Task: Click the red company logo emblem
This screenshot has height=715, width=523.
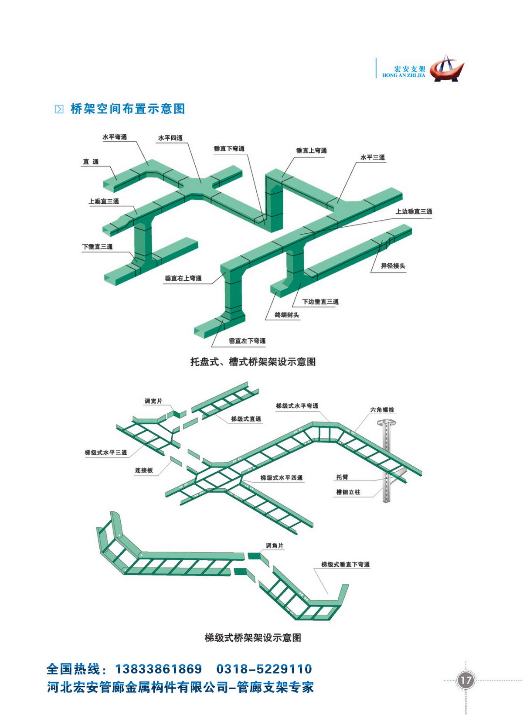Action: [x=446, y=68]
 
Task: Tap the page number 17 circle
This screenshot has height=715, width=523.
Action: [x=465, y=680]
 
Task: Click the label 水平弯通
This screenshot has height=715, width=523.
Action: [x=115, y=137]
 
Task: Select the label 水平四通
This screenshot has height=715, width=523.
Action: [x=170, y=138]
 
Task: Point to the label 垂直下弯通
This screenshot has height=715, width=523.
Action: [x=229, y=148]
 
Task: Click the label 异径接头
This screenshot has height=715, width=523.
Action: [x=393, y=266]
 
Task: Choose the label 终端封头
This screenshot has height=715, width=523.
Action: [x=287, y=315]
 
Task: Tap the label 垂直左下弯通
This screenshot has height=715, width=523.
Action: [x=247, y=340]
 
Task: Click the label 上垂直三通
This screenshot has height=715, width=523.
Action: [x=104, y=201]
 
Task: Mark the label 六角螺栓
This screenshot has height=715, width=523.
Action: [x=382, y=409]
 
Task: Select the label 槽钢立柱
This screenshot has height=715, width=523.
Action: [x=348, y=492]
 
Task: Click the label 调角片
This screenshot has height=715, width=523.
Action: [x=275, y=545]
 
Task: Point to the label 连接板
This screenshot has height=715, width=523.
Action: [x=144, y=470]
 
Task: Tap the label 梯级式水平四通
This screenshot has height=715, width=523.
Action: [x=282, y=477]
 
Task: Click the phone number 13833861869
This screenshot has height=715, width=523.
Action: [x=159, y=669]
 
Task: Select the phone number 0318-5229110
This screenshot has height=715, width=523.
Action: [x=264, y=669]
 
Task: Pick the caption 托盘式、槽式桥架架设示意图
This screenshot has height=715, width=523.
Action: [x=253, y=362]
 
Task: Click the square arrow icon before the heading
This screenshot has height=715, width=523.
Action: [x=59, y=109]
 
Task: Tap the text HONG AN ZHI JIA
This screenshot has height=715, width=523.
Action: [x=404, y=76]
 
